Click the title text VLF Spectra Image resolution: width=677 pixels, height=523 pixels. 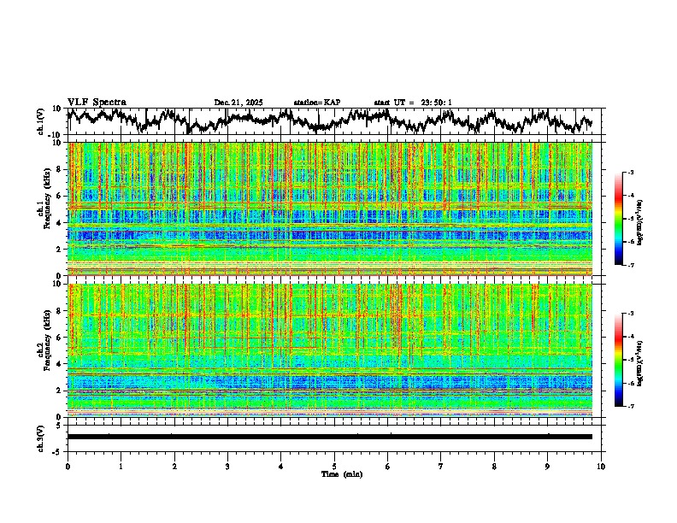(x=97, y=102)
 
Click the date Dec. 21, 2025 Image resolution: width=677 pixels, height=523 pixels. (x=238, y=103)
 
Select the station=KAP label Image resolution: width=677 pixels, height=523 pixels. (x=316, y=103)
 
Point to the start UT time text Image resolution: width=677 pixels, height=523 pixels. (x=413, y=103)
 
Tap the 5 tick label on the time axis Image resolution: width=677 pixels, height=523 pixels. (x=334, y=466)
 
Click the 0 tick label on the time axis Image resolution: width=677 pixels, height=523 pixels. (x=68, y=466)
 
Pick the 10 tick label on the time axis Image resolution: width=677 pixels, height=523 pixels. (x=601, y=466)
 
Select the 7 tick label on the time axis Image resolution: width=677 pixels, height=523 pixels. (x=441, y=466)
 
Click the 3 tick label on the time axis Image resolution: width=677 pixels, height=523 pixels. (x=227, y=466)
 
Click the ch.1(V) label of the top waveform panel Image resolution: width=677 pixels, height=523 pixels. (x=41, y=121)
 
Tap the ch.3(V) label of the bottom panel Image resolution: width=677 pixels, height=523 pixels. (x=41, y=436)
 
